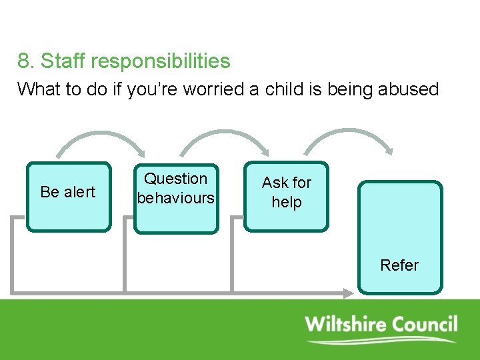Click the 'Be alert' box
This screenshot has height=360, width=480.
tap(68, 197)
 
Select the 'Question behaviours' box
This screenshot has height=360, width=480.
tap(176, 199)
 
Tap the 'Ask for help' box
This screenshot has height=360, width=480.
tap(286, 196)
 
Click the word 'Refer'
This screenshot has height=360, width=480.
tap(399, 265)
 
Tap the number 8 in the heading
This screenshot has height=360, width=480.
tap(24, 61)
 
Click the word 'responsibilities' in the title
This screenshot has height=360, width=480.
tap(161, 61)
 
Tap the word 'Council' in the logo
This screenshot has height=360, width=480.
tap(424, 325)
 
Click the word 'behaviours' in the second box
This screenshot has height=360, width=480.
tap(176, 198)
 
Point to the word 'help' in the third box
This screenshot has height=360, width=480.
tap(287, 202)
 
